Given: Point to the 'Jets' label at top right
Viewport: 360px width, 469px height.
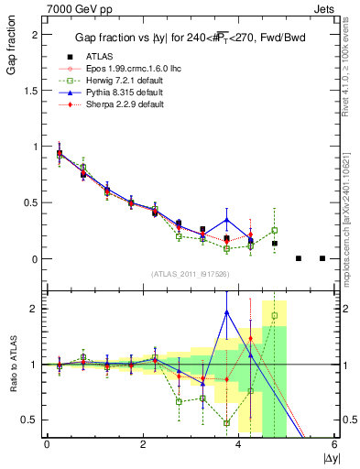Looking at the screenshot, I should click(325, 7).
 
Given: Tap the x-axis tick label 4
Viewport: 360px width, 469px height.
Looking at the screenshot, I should click(238, 444).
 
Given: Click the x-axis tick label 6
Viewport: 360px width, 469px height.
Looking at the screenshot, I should click(334, 444).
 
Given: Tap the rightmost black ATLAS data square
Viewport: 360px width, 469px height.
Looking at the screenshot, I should click(322, 258).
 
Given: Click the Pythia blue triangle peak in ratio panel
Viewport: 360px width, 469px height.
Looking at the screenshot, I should click(226, 312).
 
